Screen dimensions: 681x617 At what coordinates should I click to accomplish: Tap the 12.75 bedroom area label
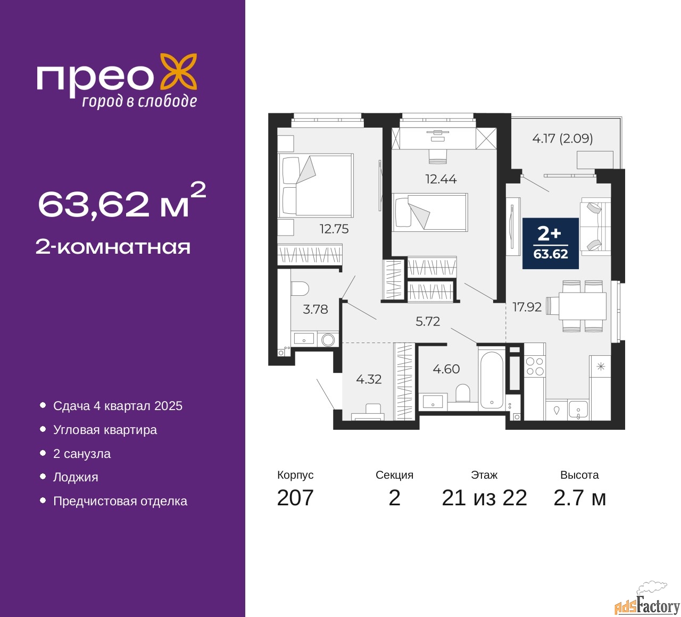tap(334, 229)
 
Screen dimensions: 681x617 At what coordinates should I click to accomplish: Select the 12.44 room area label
tap(441, 179)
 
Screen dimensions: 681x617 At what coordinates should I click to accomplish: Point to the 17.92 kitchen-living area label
tap(527, 307)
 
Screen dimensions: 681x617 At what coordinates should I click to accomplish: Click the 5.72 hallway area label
tap(428, 321)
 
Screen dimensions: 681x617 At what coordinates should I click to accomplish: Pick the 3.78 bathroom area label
tap(315, 309)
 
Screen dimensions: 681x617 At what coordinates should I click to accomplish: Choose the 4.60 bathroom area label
tap(446, 369)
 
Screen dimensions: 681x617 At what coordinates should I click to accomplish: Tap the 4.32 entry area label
tap(369, 379)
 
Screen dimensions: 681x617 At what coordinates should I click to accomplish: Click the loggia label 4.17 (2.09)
tap(562, 138)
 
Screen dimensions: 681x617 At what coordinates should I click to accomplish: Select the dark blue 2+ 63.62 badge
tap(550, 243)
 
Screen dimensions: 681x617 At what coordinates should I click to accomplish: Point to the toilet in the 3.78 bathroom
tap(300, 289)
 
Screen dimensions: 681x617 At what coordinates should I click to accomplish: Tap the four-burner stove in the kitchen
tap(535, 366)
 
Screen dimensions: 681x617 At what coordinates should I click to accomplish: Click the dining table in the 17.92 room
tap(583, 306)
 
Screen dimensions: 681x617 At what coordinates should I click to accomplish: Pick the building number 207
tap(295, 498)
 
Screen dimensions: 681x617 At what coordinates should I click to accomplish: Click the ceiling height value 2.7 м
tap(579, 498)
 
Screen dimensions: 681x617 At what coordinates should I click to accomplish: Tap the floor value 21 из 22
tap(484, 498)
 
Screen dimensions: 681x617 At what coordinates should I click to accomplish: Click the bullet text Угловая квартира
tap(105, 430)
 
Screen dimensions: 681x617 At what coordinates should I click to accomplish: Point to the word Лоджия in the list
tap(76, 478)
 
